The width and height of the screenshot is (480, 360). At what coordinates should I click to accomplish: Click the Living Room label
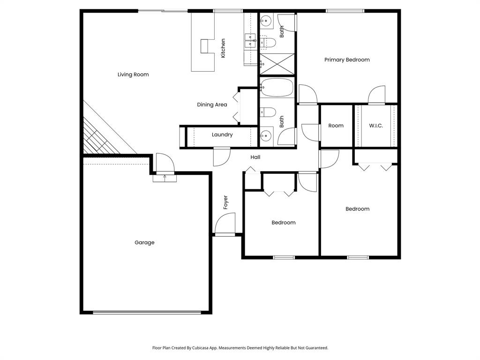click(133, 75)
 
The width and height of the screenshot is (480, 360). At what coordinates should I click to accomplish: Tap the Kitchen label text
click(223, 48)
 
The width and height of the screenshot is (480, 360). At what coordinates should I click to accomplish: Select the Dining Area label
click(212, 105)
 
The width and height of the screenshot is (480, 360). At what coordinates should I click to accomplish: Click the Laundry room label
click(222, 135)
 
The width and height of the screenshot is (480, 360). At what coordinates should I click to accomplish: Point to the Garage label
click(144, 243)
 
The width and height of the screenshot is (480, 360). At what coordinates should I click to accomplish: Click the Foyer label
click(225, 202)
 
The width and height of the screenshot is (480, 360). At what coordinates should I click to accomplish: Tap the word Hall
click(255, 157)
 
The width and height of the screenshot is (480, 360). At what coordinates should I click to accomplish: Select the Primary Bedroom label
click(347, 60)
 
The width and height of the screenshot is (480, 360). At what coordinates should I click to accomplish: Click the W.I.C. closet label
click(376, 126)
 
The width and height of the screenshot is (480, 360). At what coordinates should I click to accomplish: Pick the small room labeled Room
click(336, 126)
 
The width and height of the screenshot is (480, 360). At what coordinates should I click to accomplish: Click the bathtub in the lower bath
click(277, 87)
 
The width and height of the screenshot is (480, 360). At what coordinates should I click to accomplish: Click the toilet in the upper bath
click(268, 43)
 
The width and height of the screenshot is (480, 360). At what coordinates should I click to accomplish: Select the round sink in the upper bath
click(266, 21)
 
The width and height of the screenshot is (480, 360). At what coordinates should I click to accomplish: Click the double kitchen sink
click(250, 41)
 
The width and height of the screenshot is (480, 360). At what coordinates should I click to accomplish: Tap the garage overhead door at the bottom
click(147, 312)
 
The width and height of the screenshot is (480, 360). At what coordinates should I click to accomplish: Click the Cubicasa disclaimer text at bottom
click(240, 348)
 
